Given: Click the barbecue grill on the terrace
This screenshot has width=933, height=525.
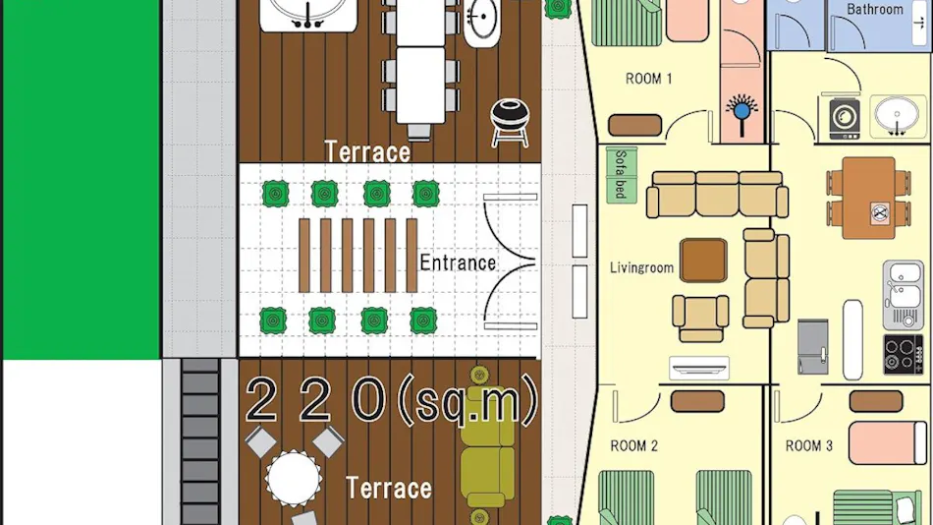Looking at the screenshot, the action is [x=510, y=122].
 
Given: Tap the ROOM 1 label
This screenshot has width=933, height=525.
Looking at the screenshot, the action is [x=648, y=79].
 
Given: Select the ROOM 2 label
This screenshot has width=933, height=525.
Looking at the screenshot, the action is [x=634, y=445].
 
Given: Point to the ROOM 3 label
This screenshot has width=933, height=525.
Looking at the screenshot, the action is [x=809, y=445].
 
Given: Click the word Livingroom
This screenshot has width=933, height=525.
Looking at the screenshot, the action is [x=641, y=268].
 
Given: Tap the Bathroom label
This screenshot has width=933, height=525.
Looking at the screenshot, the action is [x=875, y=10].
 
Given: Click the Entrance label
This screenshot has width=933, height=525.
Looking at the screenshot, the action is [x=458, y=262].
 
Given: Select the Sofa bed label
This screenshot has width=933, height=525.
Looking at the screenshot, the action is [x=621, y=174].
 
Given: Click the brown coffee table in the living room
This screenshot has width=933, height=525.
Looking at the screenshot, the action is [x=703, y=261].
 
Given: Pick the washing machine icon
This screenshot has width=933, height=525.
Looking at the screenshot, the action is [x=845, y=117].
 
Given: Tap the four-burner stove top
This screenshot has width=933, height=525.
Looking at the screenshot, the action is [x=903, y=355].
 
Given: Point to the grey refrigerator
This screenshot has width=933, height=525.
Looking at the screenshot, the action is [x=813, y=347].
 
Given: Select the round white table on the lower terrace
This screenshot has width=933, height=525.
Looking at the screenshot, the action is [x=294, y=478].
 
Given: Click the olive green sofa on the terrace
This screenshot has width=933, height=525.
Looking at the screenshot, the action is [x=488, y=447].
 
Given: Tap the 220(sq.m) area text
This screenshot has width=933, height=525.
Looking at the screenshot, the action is [x=392, y=400].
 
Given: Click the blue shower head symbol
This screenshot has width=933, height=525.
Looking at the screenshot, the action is [x=741, y=113].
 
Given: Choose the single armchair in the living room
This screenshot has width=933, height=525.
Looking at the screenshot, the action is [x=700, y=318].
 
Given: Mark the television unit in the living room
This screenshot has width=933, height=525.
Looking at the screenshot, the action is [x=699, y=367].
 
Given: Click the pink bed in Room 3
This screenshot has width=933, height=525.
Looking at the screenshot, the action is [x=888, y=442].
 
